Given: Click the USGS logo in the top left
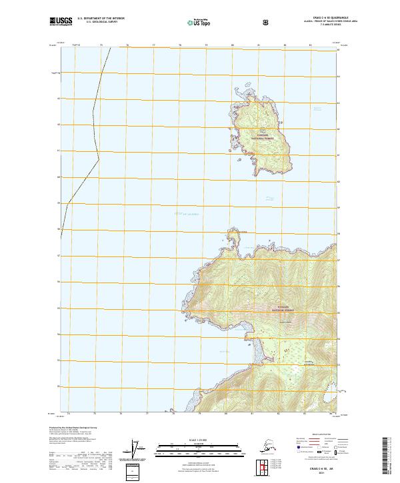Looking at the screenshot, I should tap(60, 22).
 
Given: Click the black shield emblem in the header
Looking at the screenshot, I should tap(266, 22).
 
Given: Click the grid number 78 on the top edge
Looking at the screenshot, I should tap(180, 45).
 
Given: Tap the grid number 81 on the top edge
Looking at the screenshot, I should tap(258, 45).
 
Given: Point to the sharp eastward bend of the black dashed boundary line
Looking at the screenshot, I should tap(99, 158).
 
